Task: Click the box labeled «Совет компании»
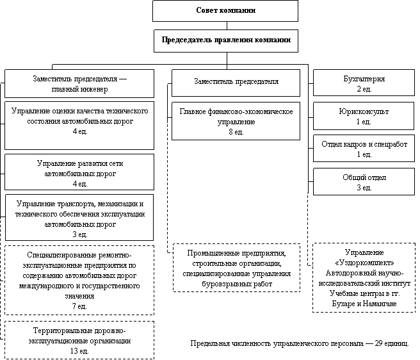click(x=225, y=11)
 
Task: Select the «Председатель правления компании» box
click(x=226, y=41)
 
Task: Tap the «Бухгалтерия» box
click(x=364, y=83)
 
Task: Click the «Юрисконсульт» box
click(x=364, y=116)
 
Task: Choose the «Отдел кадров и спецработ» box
click(x=364, y=149)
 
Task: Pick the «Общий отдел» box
click(x=364, y=181)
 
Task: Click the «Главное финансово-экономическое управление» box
click(x=236, y=121)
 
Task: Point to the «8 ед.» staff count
click(x=236, y=132)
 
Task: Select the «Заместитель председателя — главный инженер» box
click(x=79, y=84)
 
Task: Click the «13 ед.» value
click(x=79, y=351)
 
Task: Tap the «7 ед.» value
click(x=79, y=306)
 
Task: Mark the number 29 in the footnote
click(x=378, y=343)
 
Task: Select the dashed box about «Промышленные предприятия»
click(x=236, y=268)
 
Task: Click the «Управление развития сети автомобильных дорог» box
click(x=79, y=172)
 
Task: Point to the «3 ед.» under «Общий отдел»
click(x=364, y=188)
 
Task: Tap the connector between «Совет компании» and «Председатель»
click(x=227, y=26)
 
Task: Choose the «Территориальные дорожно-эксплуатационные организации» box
click(x=79, y=340)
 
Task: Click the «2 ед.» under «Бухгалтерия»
click(x=364, y=89)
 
